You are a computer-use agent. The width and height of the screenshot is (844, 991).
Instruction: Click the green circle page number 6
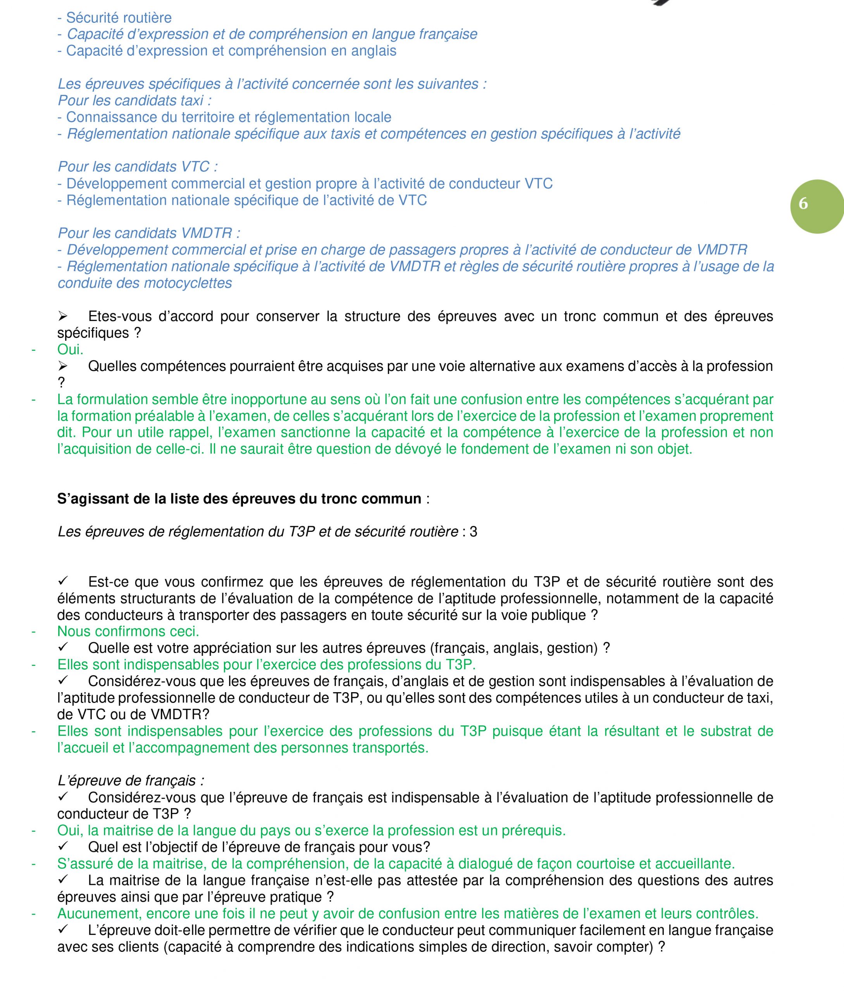coord(816,206)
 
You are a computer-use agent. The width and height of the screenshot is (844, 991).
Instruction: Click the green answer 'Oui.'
coord(70,350)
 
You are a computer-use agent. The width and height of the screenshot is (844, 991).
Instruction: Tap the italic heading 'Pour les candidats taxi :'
coord(134,100)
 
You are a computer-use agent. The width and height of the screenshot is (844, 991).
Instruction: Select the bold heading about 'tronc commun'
coord(239,499)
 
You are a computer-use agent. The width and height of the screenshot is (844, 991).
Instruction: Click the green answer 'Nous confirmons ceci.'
coord(128,631)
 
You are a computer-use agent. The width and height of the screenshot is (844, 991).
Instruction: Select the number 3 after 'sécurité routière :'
coord(473,532)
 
